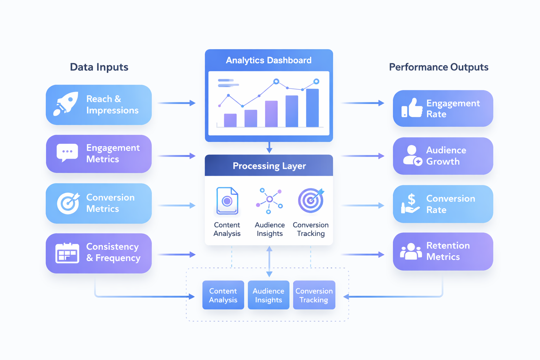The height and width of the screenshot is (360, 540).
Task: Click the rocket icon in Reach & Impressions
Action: pos(66,104)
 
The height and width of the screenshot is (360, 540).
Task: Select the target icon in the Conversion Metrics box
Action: pos(68,203)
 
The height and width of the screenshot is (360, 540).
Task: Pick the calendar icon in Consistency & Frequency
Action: pos(67,253)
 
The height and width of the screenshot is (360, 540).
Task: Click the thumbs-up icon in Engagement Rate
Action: pos(412,108)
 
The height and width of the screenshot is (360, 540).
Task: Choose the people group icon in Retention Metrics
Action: pos(411,251)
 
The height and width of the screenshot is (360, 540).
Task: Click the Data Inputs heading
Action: pos(99,67)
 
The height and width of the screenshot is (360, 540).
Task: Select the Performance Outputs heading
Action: pos(438,67)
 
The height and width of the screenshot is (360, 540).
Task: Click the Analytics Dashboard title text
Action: pos(269,60)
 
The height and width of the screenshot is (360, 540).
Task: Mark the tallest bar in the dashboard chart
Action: pos(312,108)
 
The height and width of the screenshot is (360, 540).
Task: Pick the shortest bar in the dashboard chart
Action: pos(230,120)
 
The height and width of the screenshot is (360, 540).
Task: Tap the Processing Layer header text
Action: pos(269,166)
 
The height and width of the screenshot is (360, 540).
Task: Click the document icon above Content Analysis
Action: pos(227,201)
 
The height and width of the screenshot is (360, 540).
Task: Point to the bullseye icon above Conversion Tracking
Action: pos(311,200)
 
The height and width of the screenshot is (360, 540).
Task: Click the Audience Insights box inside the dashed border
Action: pos(269,295)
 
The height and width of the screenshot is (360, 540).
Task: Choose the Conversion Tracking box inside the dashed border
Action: pos(314,295)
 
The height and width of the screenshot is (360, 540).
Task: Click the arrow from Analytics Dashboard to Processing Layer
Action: pos(269,148)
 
